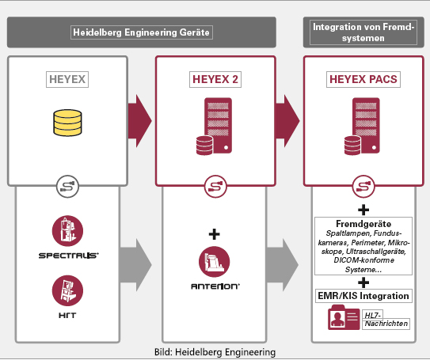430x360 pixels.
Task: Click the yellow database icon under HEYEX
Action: [67, 123]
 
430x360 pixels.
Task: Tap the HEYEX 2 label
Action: [215, 79]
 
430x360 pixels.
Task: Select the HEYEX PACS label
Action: [363, 79]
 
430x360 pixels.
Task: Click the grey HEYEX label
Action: [67, 79]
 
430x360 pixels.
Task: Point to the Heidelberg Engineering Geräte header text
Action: [141, 32]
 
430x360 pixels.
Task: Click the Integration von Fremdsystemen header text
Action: [363, 32]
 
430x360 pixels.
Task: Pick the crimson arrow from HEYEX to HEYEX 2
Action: [140, 121]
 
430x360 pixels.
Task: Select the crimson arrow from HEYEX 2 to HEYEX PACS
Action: [287, 121]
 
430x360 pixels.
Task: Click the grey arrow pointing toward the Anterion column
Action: [135, 265]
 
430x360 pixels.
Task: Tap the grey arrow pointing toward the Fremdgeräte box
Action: [283, 265]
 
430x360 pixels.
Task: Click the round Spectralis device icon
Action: [67, 231]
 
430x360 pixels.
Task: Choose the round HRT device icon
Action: [67, 290]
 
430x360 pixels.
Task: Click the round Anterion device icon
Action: [214, 262]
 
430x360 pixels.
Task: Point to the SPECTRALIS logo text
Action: [69, 256]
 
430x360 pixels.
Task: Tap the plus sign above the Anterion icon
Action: [214, 234]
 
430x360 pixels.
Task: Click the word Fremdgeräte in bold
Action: [363, 224]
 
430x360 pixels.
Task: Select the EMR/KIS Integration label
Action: [363, 296]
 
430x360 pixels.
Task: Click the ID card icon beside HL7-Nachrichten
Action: [344, 317]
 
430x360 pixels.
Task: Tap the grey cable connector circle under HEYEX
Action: [67, 187]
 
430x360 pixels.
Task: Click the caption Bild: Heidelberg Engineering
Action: [215, 352]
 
